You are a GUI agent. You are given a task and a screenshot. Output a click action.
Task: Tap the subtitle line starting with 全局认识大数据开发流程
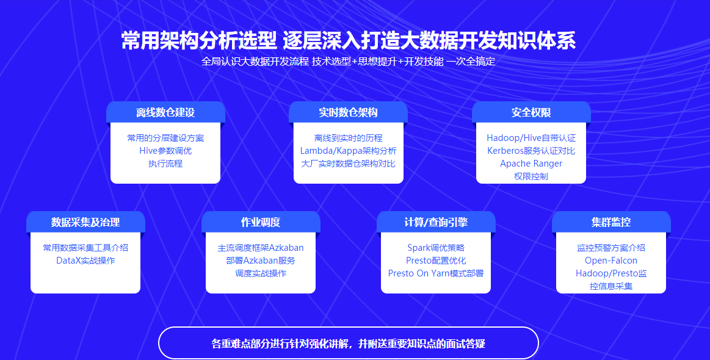pos(348,62)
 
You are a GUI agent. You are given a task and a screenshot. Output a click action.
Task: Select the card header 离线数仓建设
pos(165,113)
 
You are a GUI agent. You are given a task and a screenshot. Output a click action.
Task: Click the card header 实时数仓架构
pos(348,113)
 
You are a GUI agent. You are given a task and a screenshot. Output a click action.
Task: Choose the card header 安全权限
pos(531,113)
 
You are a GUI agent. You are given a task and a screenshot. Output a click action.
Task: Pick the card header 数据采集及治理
pos(85,222)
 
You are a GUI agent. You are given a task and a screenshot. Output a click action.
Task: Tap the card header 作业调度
pos(261,222)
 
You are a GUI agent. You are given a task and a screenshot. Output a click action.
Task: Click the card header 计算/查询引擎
pos(436,222)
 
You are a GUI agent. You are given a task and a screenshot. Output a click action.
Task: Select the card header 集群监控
pos(611,222)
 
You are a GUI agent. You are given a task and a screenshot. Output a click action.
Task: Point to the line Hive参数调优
pos(165,151)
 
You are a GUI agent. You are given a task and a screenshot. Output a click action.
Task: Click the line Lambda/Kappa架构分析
pos(348,151)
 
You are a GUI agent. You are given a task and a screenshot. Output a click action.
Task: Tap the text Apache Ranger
pos(531,164)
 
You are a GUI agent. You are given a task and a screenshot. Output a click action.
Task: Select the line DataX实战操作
pos(85,261)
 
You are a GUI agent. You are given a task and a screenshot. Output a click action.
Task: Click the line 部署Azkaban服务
pos(261,261)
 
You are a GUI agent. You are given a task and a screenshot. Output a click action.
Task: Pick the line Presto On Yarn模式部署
pos(436,273)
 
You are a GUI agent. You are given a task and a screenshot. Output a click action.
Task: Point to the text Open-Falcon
pos(611,261)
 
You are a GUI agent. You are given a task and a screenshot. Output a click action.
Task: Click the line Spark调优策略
pos(436,248)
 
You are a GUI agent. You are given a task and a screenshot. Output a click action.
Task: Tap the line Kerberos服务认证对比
pos(531,151)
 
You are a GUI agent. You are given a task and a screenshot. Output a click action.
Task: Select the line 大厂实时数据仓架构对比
pos(348,164)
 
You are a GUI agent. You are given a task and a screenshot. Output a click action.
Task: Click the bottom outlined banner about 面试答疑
pos(348,344)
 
